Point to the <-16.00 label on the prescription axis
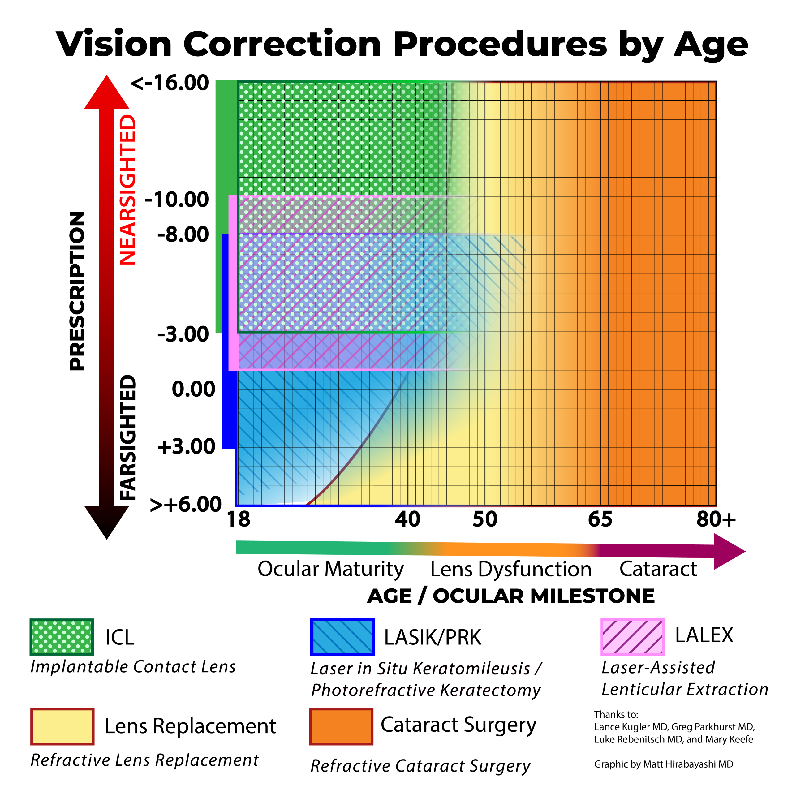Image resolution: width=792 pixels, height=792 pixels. coord(170,83)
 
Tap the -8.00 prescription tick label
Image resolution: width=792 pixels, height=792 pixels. coord(183,235)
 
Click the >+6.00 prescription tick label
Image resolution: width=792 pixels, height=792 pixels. coord(185,504)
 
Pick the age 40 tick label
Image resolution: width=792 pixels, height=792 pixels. coord(407,519)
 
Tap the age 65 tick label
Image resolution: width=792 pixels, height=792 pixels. coord(600,519)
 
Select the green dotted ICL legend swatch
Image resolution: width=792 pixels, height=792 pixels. coord(62,637)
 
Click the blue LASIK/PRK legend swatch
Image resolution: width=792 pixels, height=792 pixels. coord(342,637)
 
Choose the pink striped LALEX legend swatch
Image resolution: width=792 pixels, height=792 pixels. coord(632,637)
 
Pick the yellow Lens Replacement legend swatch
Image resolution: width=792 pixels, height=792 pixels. coord(62,726)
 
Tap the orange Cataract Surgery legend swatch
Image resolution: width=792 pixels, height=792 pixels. coord(342,726)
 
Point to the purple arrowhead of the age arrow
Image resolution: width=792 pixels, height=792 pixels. coord(728,551)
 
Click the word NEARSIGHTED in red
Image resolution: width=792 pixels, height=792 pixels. coord(127,190)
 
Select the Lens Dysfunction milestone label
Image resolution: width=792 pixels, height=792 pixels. coord(511,569)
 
